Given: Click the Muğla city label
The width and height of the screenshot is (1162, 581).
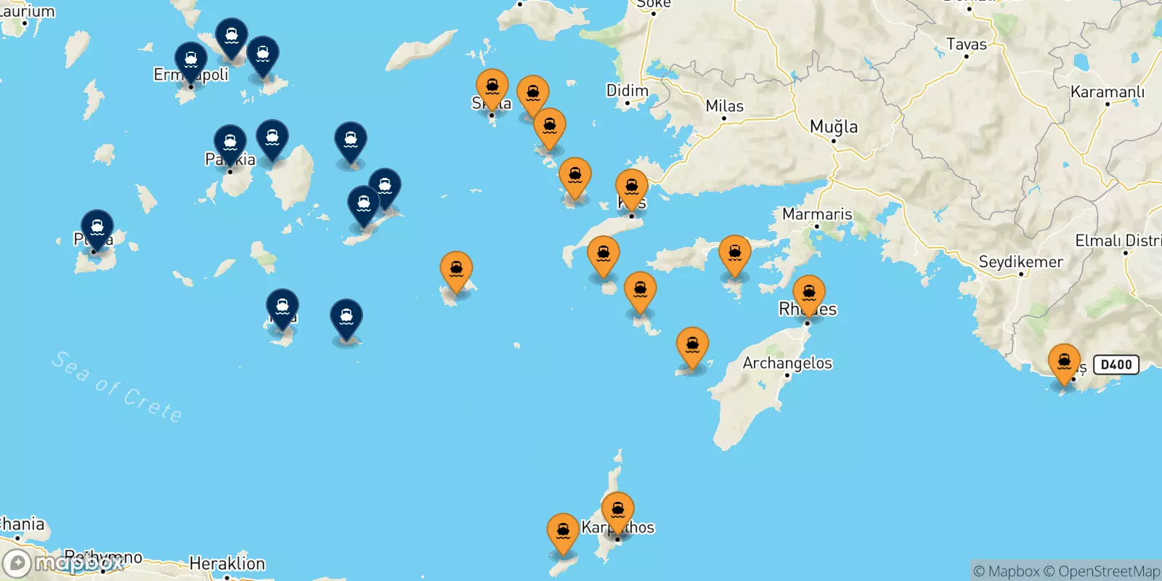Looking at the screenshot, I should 833,127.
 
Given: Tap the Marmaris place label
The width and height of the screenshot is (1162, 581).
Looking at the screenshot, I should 817,214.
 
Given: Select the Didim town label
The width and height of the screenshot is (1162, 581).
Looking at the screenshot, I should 627,91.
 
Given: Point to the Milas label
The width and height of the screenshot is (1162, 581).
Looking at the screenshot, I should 724,106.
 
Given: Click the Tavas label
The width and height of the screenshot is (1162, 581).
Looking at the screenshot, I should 966,44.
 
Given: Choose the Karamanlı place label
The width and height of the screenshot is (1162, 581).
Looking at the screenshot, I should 1107,92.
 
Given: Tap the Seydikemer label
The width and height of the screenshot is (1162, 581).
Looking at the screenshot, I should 1020,262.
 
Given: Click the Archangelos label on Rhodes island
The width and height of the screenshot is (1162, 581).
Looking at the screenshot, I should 787,363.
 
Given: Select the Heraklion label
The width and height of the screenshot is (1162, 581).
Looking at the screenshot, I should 227,564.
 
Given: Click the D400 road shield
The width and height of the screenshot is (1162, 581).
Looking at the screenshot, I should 1116,365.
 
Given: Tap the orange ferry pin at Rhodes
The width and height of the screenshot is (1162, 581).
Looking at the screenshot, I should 808,294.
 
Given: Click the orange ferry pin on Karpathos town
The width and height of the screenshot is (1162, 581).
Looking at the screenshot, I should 617,511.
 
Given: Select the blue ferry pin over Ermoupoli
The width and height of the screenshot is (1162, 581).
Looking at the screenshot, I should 191,60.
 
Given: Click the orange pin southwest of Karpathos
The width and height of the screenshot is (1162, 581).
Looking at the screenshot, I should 563,532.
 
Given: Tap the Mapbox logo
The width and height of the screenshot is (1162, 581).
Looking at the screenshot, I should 62,563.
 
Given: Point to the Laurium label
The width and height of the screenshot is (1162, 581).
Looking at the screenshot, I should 28,11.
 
